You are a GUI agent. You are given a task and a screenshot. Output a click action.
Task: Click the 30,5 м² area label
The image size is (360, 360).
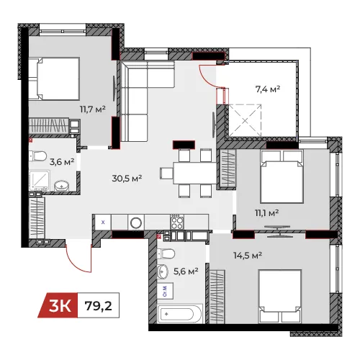click(127, 179)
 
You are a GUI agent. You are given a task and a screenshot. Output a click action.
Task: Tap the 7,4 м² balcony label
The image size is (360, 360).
click(268, 89)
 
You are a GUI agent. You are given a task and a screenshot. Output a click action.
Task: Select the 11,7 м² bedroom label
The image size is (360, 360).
click(93, 109)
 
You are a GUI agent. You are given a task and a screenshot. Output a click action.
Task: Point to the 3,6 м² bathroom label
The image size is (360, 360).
click(62, 162)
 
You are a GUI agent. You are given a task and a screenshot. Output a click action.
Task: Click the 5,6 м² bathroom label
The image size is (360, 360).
click(186, 271)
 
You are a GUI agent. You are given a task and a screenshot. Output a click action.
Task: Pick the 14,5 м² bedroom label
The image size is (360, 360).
click(248, 256)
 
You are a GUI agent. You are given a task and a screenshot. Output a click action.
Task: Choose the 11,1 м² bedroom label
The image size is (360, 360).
click(266, 212)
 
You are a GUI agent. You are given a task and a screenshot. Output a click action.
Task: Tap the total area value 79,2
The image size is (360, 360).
click(99, 306)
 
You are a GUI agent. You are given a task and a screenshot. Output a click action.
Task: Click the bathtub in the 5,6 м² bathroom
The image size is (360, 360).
click(180, 313)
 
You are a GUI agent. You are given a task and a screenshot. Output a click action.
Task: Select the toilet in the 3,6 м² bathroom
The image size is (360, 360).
click(37, 156)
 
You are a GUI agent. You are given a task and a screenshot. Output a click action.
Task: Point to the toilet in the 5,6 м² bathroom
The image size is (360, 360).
click(166, 253)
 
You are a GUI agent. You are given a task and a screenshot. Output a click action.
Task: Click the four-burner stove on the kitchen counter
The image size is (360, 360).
click(177, 222)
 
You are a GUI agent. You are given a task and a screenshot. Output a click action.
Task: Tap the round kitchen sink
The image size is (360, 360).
click(136, 223)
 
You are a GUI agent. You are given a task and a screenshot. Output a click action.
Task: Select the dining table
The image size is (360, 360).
click(195, 173)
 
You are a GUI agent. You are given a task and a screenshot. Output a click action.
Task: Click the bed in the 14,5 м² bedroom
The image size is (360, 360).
click(279, 297)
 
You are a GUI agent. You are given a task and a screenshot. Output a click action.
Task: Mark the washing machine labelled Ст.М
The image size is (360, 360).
click(166, 291)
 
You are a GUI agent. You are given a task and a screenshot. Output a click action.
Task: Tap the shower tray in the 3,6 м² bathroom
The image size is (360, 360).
click(40, 181)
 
